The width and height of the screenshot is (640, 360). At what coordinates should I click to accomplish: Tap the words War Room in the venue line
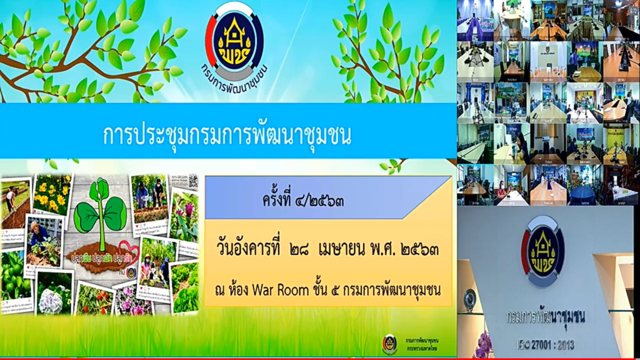[280, 290]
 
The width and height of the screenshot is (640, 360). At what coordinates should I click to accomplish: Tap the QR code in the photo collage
[192, 181]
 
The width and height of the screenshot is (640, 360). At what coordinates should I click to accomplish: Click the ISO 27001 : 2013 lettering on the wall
[546, 345]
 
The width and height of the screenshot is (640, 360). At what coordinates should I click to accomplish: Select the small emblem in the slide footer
[390, 344]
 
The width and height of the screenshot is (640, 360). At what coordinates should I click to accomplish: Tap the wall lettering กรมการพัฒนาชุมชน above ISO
[546, 317]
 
